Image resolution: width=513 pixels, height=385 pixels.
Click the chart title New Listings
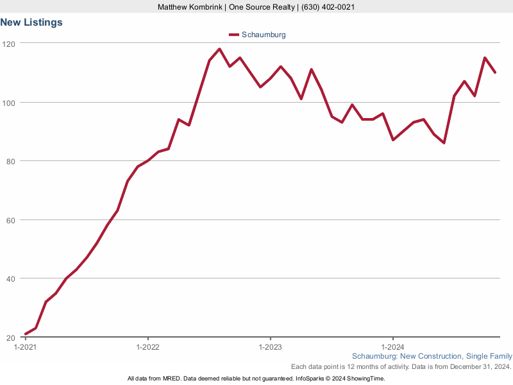pos(31,22)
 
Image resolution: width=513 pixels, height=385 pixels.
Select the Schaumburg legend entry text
pos(264,35)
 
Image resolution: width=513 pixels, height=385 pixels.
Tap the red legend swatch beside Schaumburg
pos(233,35)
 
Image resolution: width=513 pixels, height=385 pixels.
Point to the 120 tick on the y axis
pos(8,44)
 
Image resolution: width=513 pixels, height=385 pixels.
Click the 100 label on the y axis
pos(8,103)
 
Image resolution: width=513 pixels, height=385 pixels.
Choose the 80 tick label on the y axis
pos(10,161)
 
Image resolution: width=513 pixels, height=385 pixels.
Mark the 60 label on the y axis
pos(10,220)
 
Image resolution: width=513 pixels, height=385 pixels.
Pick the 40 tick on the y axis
pos(10,278)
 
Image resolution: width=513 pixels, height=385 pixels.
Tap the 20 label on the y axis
pos(10,338)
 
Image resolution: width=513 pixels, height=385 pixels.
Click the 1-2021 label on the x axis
pos(26,346)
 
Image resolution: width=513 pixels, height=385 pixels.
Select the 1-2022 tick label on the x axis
pos(148,346)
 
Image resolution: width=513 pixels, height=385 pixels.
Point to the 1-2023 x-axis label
pos(270,346)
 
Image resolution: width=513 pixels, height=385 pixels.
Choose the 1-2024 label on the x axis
pos(392,346)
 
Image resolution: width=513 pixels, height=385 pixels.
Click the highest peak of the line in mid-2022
pos(219,49)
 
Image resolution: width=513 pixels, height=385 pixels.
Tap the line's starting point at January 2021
pos(26,334)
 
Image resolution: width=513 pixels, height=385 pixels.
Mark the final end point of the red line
pos(495,73)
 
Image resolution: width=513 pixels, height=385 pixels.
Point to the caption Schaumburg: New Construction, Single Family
pos(432,356)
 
